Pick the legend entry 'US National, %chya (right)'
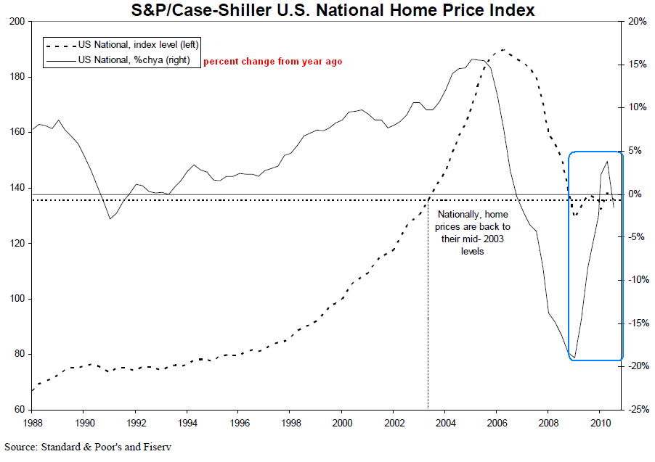coord(134,60)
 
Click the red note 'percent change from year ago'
coord(272,62)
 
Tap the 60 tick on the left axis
coord(20,410)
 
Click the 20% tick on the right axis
coord(637,22)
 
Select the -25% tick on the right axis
coord(637,410)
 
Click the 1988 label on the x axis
coord(32,422)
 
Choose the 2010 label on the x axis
coord(600,422)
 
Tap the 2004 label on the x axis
coord(445,422)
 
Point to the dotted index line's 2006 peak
coord(503,50)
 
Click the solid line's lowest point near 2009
coord(574,358)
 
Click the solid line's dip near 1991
coord(110,219)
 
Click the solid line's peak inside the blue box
coord(607,161)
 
